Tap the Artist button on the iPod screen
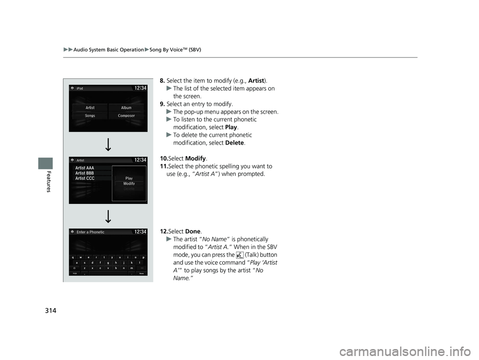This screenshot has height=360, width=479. [90, 107]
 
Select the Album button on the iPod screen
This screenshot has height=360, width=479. [126, 107]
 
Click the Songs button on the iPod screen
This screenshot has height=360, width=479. [90, 116]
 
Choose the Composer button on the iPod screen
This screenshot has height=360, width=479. [126, 116]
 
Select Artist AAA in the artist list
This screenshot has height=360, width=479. [84, 168]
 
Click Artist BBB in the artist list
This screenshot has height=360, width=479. [84, 173]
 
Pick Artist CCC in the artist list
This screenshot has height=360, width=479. [84, 178]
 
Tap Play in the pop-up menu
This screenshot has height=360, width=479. [129, 178]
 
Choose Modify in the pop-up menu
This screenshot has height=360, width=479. [129, 183]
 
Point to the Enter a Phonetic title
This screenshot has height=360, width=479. [90, 232]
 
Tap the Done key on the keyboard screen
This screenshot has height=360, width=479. [141, 273]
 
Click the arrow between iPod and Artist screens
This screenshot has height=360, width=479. [108, 144]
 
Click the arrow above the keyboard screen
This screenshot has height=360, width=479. [108, 216]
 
